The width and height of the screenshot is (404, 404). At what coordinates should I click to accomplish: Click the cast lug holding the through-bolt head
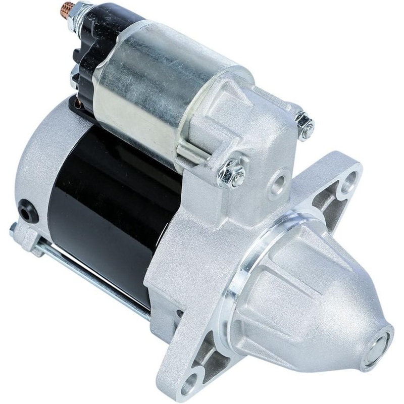click(25, 237)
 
